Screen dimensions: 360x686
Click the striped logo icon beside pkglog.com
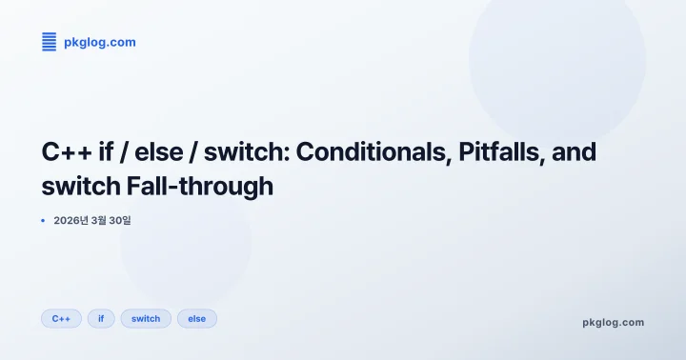tap(49, 42)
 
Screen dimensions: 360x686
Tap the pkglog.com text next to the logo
tap(99, 42)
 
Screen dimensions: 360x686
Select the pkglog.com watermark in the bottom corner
tap(613, 322)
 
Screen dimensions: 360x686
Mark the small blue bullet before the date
tap(43, 220)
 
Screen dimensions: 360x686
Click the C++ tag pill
tap(61, 318)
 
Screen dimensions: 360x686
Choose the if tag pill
tap(101, 318)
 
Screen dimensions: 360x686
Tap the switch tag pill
tap(146, 318)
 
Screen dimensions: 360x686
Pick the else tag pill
tap(197, 318)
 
